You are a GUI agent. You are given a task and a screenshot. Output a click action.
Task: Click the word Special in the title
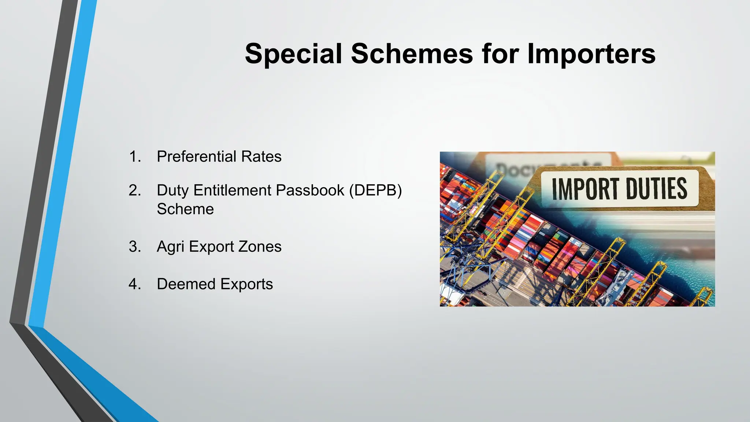(293, 54)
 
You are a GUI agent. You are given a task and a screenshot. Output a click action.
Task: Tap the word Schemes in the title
(412, 54)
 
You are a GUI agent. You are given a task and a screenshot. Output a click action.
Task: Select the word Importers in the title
(591, 54)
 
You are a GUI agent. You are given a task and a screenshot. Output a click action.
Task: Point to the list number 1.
(135, 157)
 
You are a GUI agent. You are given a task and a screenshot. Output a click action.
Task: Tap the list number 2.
(135, 190)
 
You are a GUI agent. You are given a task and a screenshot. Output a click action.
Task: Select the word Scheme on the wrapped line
(185, 209)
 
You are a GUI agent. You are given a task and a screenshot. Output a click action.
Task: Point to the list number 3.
(135, 247)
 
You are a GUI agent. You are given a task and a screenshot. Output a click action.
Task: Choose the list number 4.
(135, 284)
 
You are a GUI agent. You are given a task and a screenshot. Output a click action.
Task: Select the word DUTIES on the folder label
(657, 189)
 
